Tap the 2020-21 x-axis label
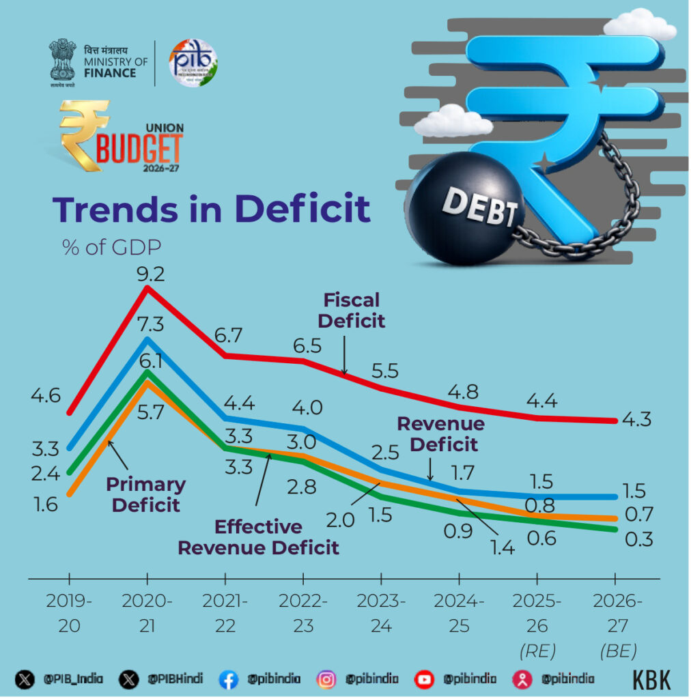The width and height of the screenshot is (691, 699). pos(147,613)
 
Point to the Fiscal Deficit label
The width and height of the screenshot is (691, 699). pos(352,310)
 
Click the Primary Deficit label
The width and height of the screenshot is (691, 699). pos(145,495)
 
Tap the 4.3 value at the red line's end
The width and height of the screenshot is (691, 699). pos(636,419)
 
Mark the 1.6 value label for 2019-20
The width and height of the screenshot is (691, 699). pos(44,505)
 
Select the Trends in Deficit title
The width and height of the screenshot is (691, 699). pos(212,209)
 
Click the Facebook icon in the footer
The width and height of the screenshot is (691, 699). pos(228,679)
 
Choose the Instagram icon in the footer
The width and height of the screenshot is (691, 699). pos(326,679)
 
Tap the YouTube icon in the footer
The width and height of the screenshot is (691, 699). pos(425,679)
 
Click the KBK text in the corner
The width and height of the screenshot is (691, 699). pos(651,679)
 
